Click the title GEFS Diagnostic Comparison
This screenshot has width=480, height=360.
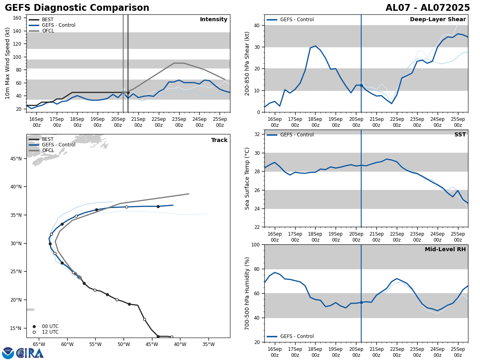[77, 8]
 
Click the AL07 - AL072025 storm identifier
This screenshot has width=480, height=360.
[428, 8]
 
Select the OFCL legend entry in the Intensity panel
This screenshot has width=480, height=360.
[48, 31]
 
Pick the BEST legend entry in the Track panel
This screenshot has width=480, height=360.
[48, 139]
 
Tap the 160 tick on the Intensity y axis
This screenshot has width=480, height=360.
[17, 18]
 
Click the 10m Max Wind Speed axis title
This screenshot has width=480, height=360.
[8, 63]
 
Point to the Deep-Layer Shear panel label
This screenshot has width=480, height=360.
[438, 20]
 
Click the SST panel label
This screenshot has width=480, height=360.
[460, 135]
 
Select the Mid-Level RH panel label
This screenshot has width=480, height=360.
[445, 250]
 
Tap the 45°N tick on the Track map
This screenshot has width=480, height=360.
[15, 158]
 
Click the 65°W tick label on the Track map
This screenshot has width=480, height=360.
[39, 344]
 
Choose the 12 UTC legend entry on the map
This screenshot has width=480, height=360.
[50, 332]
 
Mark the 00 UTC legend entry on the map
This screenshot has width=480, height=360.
[50, 326]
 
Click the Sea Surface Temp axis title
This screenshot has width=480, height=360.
[248, 178]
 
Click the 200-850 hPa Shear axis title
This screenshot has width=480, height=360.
[248, 63]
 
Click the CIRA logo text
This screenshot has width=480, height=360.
[30, 353]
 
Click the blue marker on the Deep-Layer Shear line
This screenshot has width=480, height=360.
[361, 85]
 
